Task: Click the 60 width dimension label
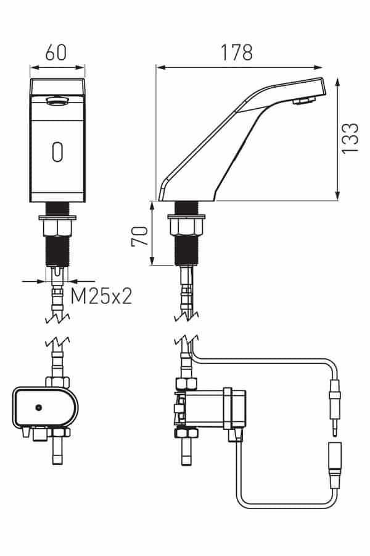tap(55, 53)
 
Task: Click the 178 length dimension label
tap(237, 53)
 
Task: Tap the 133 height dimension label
tap(350, 138)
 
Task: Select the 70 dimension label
tap(139, 236)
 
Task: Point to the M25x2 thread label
tap(101, 296)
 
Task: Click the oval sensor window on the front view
tap(57, 152)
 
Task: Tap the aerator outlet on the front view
tap(57, 102)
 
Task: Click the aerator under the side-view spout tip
tap(303, 101)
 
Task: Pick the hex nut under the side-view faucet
tap(186, 227)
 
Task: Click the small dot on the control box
tap(39, 408)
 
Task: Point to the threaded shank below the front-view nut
tap(57, 251)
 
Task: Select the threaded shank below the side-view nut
tap(186, 250)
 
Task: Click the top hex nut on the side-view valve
tap(186, 384)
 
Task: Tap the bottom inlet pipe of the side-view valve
tap(187, 452)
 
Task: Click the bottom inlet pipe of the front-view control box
tap(58, 450)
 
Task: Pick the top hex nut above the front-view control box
tap(57, 382)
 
